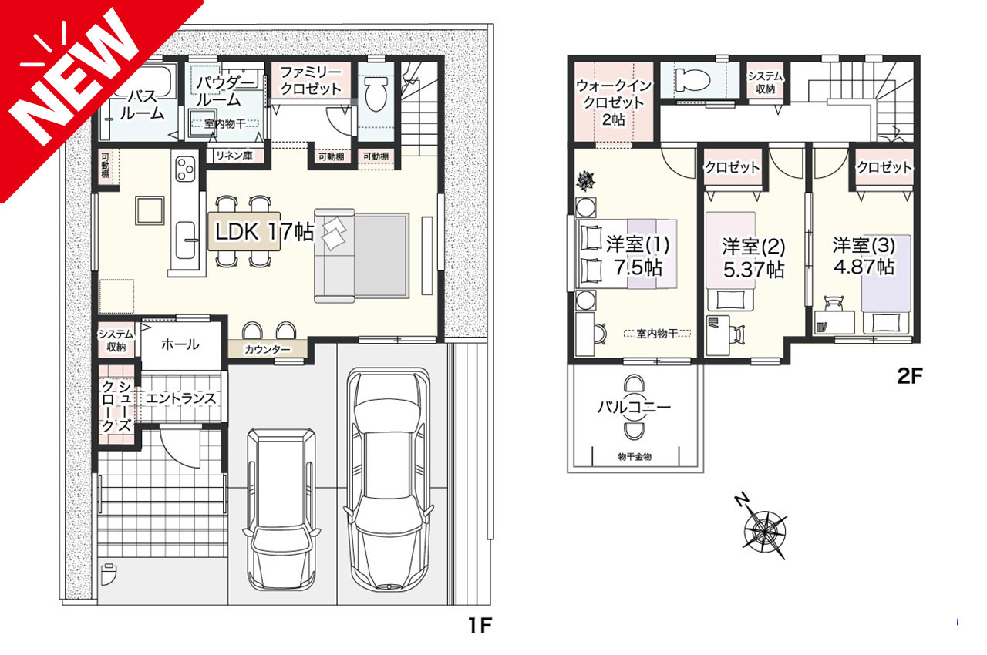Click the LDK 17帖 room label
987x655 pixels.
[264, 230]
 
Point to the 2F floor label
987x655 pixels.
[909, 378]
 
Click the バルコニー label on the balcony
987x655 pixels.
[635, 405]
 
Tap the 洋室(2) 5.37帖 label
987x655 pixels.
[753, 258]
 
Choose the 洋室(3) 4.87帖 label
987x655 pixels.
[863, 256]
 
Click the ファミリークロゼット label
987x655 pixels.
[310, 80]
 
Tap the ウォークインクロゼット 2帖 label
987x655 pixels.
[613, 102]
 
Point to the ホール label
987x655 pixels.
[180, 344]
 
